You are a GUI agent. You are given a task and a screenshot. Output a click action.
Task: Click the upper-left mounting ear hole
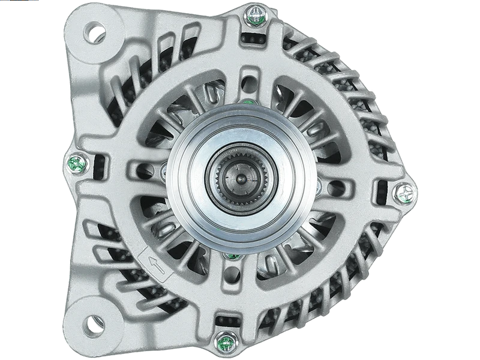click(94, 32)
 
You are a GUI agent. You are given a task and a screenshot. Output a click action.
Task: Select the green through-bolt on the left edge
click(76, 162)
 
